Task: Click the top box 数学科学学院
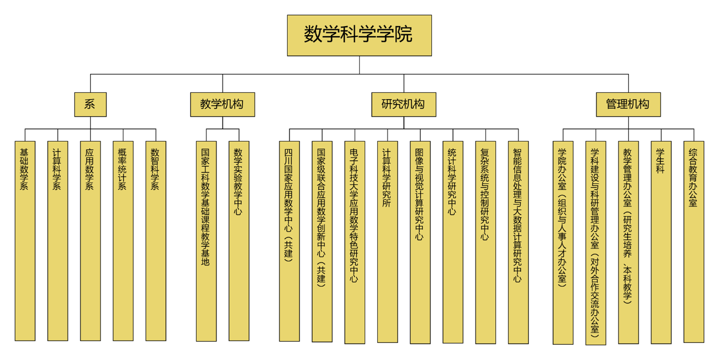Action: tap(359, 35)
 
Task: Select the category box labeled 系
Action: tap(90, 104)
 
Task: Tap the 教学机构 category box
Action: tap(222, 104)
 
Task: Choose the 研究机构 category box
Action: tap(403, 104)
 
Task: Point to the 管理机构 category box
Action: tap(628, 104)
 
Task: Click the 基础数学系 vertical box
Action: tap(25, 241)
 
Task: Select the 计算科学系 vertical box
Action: tap(58, 241)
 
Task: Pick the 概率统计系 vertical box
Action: tap(123, 241)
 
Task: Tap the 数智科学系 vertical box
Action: tap(156, 241)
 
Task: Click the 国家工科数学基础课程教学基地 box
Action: tap(206, 241)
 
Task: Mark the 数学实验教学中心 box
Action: tap(239, 241)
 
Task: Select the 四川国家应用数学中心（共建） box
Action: tap(289, 241)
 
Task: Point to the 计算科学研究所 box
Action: tap(387, 242)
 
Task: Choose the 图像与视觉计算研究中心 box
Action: tap(420, 242)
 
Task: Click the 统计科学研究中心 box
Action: tap(453, 242)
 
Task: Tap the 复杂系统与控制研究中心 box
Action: tap(486, 242)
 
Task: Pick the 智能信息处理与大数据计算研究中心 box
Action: tap(518, 242)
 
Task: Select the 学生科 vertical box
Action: tap(661, 242)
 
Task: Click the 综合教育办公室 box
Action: tap(694, 242)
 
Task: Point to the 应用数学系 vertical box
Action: tap(90, 241)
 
